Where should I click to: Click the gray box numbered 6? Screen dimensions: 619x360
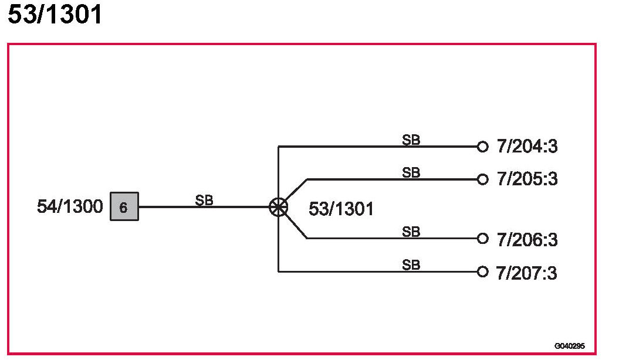point(124,207)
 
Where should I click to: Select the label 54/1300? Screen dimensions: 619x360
point(70,207)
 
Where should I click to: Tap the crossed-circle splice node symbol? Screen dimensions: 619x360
point(278,207)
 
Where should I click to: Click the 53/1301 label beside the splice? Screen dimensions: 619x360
point(341,209)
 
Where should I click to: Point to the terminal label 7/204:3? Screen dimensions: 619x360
point(527,147)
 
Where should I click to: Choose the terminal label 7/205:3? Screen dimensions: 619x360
point(527,179)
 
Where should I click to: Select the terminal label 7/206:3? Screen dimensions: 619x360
point(527,240)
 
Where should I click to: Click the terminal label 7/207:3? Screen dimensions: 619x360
point(527,273)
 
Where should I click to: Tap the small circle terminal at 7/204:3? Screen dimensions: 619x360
point(482,147)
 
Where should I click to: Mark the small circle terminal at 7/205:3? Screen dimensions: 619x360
point(482,179)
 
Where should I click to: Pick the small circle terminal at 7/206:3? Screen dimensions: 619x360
point(482,239)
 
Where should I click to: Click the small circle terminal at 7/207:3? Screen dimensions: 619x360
point(482,271)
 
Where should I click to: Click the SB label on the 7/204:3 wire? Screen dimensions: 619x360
point(411,140)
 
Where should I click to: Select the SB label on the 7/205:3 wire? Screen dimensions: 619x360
point(411,172)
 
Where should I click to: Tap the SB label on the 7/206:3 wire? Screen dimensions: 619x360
point(411,232)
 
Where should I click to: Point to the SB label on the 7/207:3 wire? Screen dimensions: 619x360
point(411,265)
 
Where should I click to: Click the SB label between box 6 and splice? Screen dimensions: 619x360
point(204,200)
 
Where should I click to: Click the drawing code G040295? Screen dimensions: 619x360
point(569,346)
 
